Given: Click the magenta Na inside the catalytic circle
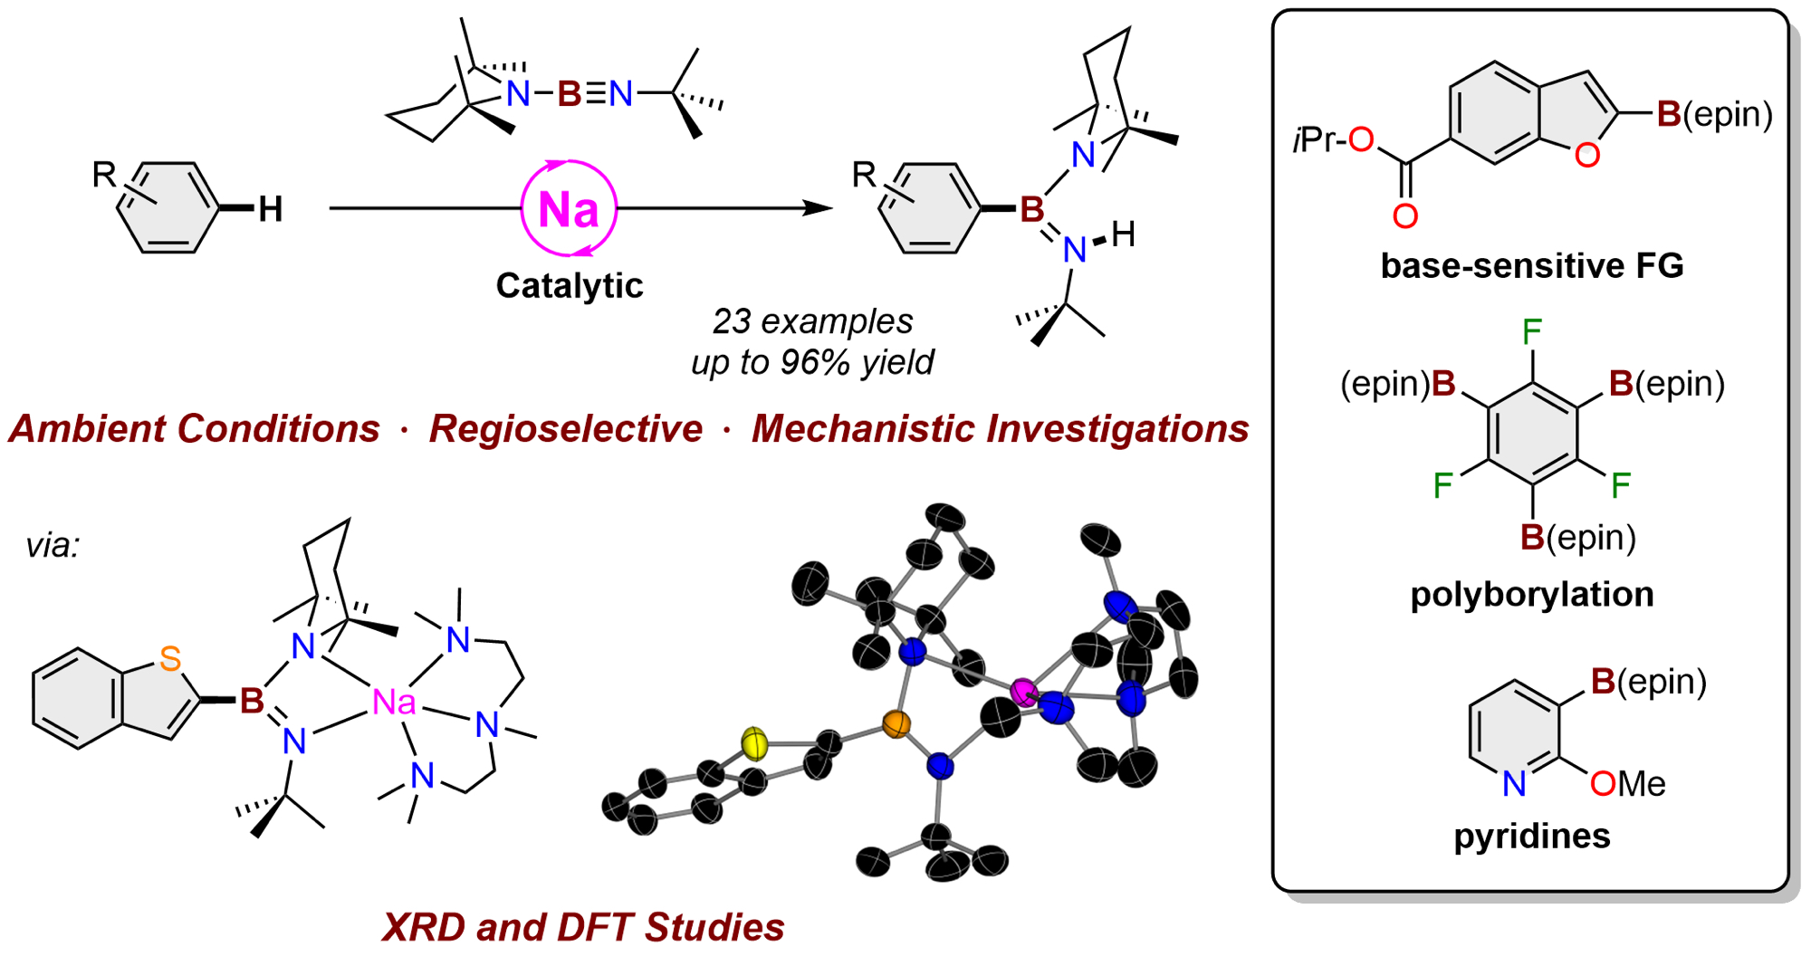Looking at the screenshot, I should (568, 209).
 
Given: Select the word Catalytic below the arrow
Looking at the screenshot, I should (569, 286).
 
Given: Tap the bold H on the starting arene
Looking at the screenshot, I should (270, 210).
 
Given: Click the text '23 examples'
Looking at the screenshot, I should (812, 321).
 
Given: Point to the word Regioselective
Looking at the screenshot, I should (565, 429).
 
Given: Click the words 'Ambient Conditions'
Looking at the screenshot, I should (195, 429).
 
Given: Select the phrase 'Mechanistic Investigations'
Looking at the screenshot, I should (1000, 429).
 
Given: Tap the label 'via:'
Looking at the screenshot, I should (53, 546).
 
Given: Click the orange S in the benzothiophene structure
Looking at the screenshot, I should (169, 659).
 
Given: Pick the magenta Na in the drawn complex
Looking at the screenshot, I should (394, 703).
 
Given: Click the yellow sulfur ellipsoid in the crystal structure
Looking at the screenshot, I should (754, 743).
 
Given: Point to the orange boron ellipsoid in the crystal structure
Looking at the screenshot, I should (896, 724).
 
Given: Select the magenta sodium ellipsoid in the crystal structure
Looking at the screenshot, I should (1024, 693).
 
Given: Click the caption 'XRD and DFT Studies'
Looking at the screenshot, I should (583, 927).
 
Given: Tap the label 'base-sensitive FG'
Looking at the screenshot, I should (1531, 266).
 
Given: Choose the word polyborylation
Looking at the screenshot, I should (1531, 595).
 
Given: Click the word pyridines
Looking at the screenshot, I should (1531, 836).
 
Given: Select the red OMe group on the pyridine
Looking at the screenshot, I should (1627, 784).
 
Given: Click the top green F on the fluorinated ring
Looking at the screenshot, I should (1532, 332).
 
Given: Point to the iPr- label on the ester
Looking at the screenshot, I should (1318, 140).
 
